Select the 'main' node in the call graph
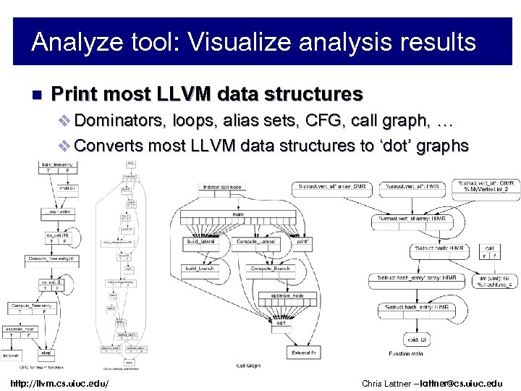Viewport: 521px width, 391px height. (x=238, y=214)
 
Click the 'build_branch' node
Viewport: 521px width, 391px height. (x=201, y=268)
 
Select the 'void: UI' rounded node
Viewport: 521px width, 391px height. (x=416, y=339)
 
